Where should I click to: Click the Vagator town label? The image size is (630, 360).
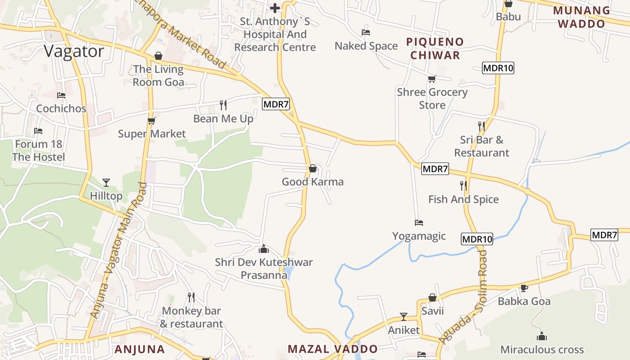[74, 51]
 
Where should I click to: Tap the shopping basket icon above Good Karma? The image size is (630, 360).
[313, 169]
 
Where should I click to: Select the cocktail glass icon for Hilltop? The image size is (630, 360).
[106, 182]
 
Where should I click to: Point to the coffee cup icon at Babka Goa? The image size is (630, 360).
[524, 288]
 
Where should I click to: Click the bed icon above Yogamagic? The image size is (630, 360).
[419, 223]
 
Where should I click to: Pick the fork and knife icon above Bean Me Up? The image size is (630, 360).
[223, 105]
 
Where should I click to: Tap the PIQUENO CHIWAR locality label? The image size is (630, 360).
[434, 49]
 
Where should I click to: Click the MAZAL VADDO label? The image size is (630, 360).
[333, 349]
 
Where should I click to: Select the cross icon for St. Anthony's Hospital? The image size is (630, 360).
[275, 8]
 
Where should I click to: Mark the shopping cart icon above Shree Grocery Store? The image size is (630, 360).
[432, 79]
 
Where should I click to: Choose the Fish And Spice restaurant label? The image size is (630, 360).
[463, 199]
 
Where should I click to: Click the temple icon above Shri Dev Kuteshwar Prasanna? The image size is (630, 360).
[264, 249]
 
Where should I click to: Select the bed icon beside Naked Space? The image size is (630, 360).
[366, 32]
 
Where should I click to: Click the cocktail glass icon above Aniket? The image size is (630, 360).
[404, 317]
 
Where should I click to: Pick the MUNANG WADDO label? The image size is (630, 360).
[581, 17]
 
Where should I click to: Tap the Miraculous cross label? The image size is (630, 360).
[542, 350]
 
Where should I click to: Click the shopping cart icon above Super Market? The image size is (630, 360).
[151, 121]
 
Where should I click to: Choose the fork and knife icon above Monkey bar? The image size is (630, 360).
[191, 297]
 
